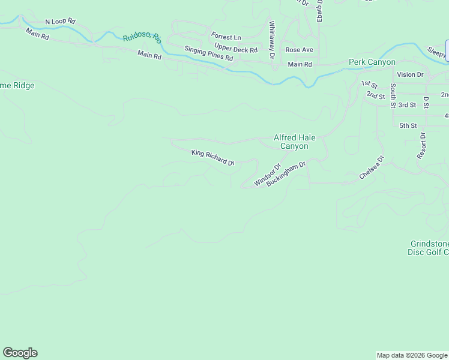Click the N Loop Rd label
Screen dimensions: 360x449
click(61, 22)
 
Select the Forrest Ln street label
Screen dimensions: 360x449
click(226, 37)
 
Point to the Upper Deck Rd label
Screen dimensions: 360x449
click(236, 49)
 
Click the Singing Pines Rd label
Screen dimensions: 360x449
click(208, 53)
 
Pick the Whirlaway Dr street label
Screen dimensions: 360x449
click(272, 40)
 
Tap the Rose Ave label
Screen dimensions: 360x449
click(299, 50)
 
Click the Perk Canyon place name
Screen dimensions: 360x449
click(372, 62)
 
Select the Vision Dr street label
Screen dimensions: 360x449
click(410, 74)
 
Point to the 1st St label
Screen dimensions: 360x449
click(369, 83)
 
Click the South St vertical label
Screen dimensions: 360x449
click(393, 95)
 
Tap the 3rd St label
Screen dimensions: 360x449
click(407, 105)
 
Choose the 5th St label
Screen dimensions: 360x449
click(408, 125)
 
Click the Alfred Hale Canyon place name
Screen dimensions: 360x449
click(291, 142)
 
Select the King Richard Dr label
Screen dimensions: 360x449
click(212, 157)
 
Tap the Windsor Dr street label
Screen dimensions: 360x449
click(267, 175)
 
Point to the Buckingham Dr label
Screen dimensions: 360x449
click(286, 173)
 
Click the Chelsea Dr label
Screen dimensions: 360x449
click(371, 168)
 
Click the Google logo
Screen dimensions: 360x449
click(20, 353)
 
